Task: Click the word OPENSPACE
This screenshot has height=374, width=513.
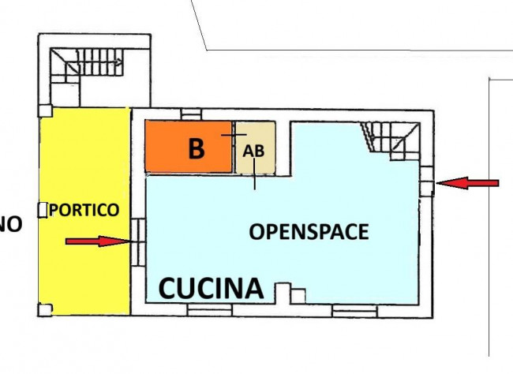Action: click(x=309, y=232)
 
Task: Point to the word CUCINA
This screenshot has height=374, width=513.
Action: click(x=212, y=289)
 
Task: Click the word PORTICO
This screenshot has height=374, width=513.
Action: click(x=84, y=211)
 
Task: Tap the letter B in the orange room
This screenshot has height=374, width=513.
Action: click(x=196, y=149)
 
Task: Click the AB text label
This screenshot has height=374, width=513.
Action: click(x=253, y=151)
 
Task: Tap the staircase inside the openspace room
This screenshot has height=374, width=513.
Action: click(x=391, y=139)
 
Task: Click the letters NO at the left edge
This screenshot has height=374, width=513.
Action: click(x=9, y=225)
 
